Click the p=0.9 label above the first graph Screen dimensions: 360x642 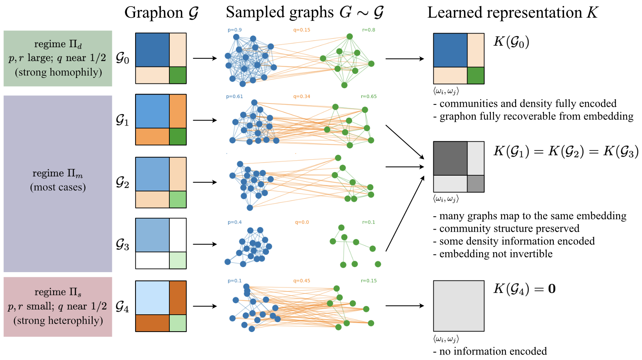pos(235,30)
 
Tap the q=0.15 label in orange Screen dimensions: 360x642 pos(302,30)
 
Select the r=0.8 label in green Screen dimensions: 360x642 pos(369,30)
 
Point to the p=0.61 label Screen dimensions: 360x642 pos(234,96)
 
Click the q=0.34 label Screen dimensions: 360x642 pos(302,96)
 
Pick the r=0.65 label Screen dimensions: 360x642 pos(369,96)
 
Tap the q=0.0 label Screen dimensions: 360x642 pos(302,223)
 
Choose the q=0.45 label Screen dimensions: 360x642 pos(302,281)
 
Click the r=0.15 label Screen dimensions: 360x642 pos(369,281)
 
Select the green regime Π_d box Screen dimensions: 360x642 pos(58,58)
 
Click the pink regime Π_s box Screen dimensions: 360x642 pos(58,306)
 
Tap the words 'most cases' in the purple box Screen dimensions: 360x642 pos(58,187)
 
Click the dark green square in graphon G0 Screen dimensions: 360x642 pos(178,75)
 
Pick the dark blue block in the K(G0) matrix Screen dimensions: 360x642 pos(450,50)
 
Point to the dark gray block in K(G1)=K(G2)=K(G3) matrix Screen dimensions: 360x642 pos(450,158)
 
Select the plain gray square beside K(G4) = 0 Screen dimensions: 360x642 pos(458,306)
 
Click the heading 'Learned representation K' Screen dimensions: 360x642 pos(512,13)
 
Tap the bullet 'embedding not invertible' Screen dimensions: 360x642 pos(495,254)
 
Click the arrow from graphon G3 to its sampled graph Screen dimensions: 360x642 pos(205,244)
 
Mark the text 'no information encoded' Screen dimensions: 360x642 pos(492,351)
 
